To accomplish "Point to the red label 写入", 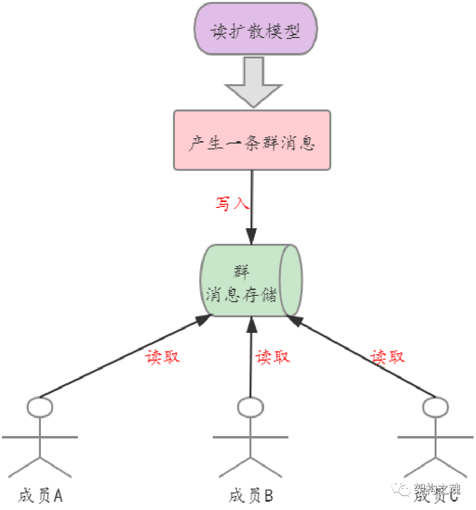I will [232, 203].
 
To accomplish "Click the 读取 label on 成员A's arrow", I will [163, 357].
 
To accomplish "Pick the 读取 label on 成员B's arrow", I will [273, 357].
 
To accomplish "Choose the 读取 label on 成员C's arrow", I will [388, 357].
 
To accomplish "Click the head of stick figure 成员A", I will [40, 407].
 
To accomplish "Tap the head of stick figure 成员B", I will [251, 407].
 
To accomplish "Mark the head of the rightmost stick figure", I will [435, 407].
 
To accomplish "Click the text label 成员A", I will [41, 495].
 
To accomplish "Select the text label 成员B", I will [251, 495].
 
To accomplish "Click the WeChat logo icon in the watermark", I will [401, 488].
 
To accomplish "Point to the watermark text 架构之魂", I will [437, 488].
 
